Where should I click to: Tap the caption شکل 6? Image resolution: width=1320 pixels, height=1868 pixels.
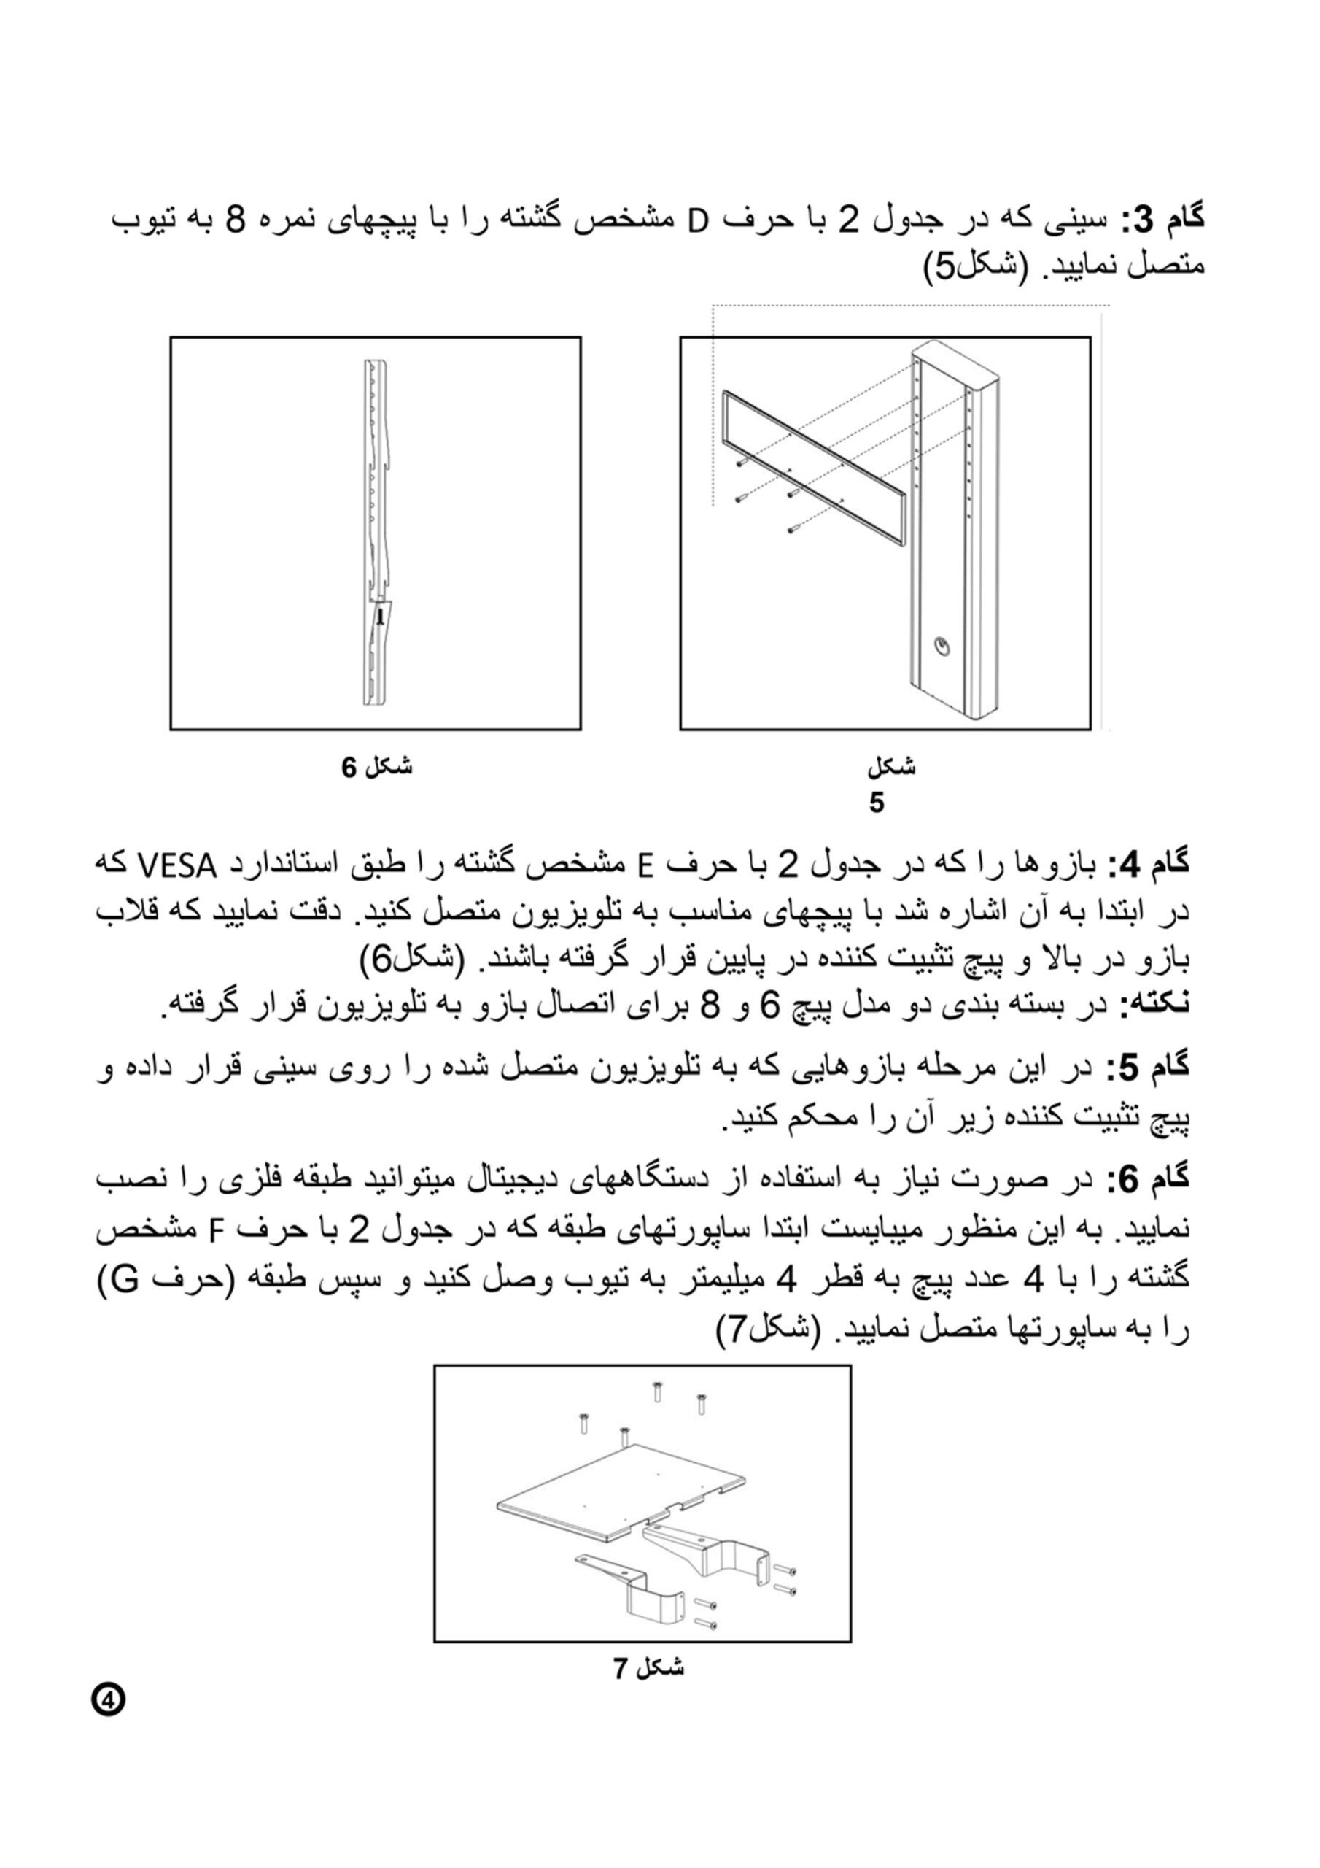(x=376, y=766)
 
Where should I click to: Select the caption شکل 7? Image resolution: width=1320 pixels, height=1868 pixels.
(x=648, y=1669)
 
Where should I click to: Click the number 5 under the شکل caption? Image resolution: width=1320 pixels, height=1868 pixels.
(x=876, y=803)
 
